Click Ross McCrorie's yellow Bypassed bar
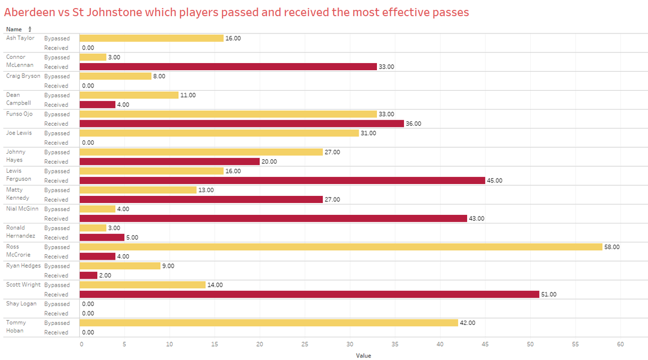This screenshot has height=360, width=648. (x=340, y=247)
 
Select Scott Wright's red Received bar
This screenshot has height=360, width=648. (x=309, y=294)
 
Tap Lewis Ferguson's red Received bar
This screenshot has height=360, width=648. (x=282, y=180)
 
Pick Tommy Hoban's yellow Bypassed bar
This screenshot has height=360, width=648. (x=268, y=323)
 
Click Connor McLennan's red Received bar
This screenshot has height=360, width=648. (x=228, y=66)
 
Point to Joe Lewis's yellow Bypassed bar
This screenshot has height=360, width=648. (x=219, y=133)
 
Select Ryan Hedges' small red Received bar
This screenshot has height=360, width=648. (x=89, y=275)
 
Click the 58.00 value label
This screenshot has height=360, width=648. (x=612, y=247)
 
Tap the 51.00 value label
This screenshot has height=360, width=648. (x=549, y=295)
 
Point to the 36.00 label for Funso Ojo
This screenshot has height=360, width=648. (x=413, y=124)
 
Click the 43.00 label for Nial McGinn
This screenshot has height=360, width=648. (x=476, y=219)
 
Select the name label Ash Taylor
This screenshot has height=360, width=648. (x=20, y=38)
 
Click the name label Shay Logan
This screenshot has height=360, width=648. (x=21, y=304)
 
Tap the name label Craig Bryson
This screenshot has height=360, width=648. (x=23, y=76)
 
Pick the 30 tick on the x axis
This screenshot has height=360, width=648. (x=350, y=344)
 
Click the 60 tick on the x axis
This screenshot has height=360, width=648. (x=620, y=344)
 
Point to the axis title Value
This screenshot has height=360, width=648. (x=363, y=356)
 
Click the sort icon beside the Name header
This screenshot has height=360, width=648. (x=30, y=29)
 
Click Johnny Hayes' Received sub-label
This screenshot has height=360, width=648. (x=56, y=161)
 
